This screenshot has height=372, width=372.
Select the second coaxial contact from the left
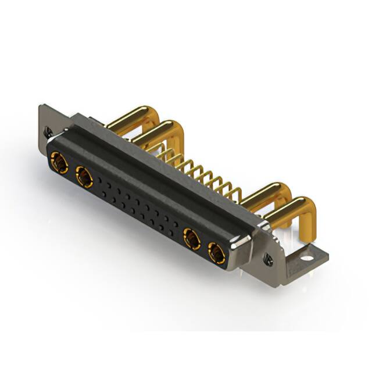point(84,177)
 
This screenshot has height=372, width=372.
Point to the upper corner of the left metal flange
point(42,107)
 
